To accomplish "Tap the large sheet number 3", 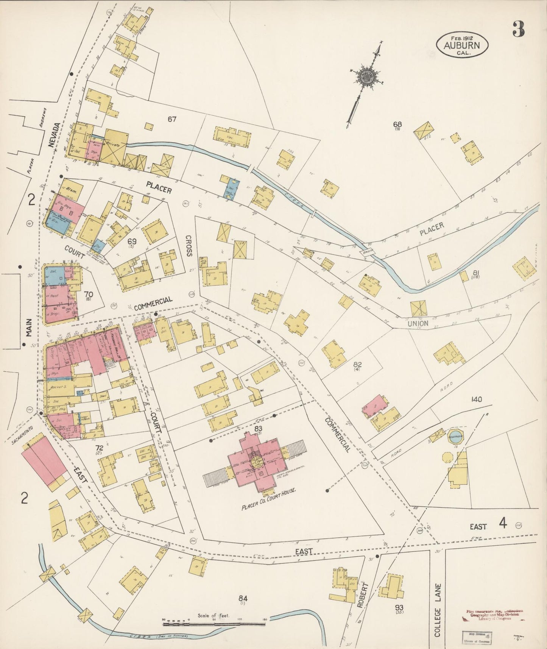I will point(519,29).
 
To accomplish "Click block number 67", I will point(172,119).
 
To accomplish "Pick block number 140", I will point(477,399).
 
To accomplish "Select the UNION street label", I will point(418,323).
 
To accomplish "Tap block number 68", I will point(397,124).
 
